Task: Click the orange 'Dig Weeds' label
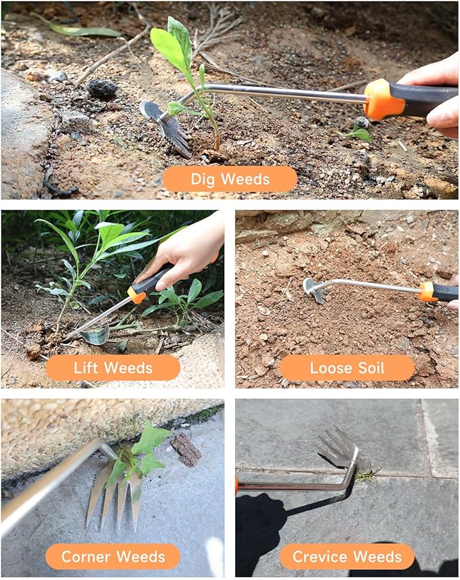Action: tap(230, 179)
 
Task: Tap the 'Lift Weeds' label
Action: tap(112, 367)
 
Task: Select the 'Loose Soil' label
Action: tap(346, 367)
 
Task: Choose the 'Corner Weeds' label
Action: tap(112, 556)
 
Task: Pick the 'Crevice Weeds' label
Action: tap(347, 556)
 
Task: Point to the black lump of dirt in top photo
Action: tap(102, 88)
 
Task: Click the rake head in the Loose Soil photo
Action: tap(314, 289)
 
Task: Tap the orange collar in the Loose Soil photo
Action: tap(427, 291)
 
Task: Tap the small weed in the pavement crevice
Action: tap(367, 475)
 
